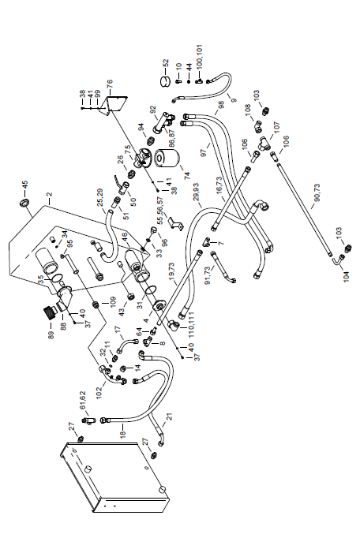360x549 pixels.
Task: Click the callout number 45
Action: (x=25, y=184)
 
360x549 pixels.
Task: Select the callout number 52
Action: (x=166, y=63)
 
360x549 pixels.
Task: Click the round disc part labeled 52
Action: (x=164, y=82)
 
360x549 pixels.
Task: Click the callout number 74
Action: (x=186, y=174)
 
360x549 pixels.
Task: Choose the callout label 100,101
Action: (x=199, y=56)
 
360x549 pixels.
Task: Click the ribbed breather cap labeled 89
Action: (x=50, y=312)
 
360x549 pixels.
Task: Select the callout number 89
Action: (x=51, y=334)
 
